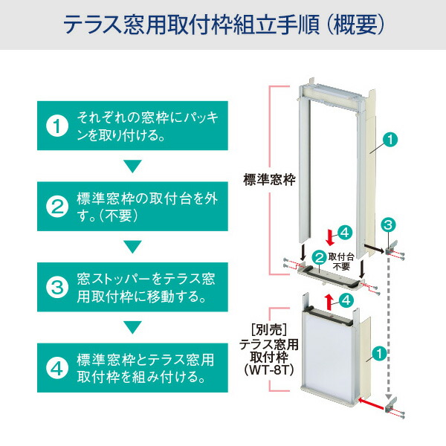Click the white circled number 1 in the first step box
click(x=57, y=126)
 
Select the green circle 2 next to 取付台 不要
click(x=319, y=258)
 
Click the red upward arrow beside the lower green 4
click(x=329, y=300)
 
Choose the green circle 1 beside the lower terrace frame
click(x=378, y=354)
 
